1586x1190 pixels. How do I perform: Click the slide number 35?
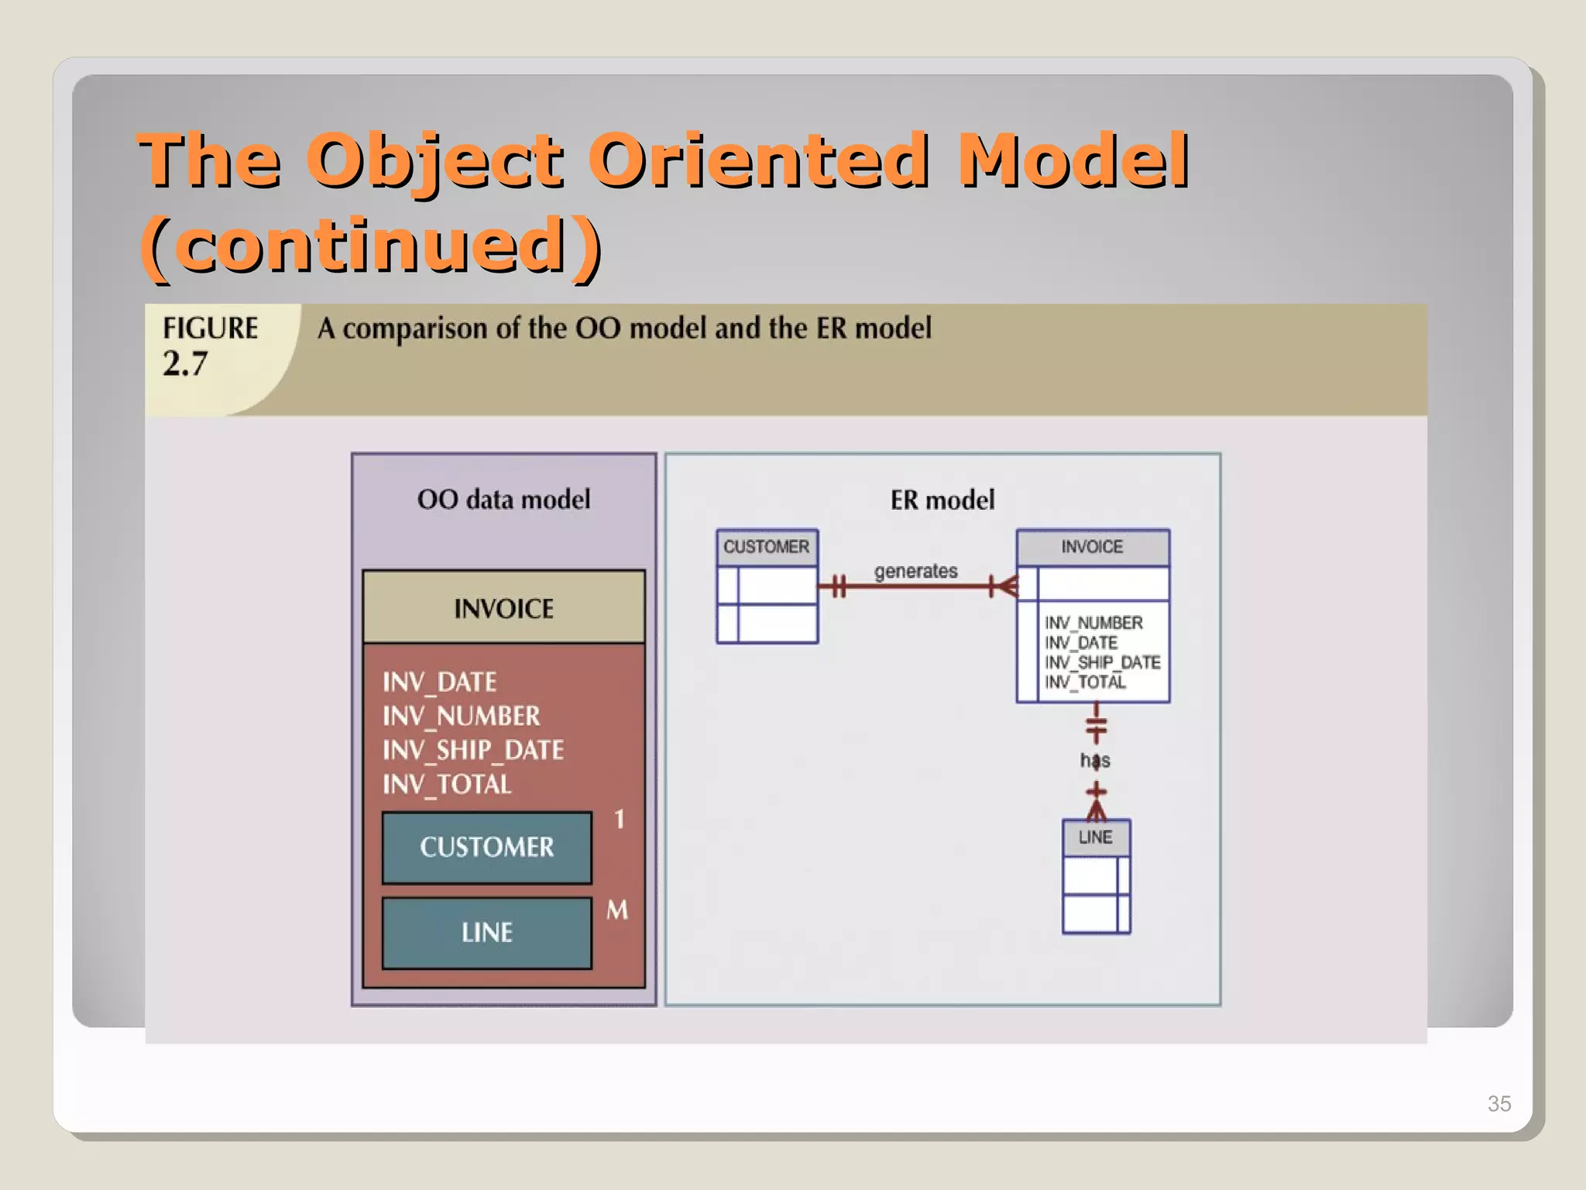point(1498,1103)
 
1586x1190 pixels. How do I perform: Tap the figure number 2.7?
point(185,363)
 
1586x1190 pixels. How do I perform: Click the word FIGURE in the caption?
point(210,328)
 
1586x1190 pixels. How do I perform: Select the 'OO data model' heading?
point(503,499)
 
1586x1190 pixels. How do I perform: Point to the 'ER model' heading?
point(942,500)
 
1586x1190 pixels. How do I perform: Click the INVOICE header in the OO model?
point(503,608)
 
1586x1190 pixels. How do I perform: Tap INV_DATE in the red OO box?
point(439,682)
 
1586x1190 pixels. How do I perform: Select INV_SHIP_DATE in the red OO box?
point(472,750)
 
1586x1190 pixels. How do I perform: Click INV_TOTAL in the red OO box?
point(447,784)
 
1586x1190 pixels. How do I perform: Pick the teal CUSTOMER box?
point(486,847)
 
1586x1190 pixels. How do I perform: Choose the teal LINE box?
point(486,932)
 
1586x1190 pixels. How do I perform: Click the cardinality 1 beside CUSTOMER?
point(619,819)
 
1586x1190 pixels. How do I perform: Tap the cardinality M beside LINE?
point(617,910)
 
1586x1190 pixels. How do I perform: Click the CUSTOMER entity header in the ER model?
point(766,547)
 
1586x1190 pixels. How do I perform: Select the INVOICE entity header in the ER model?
point(1092,547)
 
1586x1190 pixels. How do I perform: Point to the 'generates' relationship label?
point(915,571)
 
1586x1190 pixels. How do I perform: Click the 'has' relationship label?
point(1095,761)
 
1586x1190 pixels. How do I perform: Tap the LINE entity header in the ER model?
point(1095,837)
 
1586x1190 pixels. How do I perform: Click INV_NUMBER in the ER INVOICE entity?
point(1093,623)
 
